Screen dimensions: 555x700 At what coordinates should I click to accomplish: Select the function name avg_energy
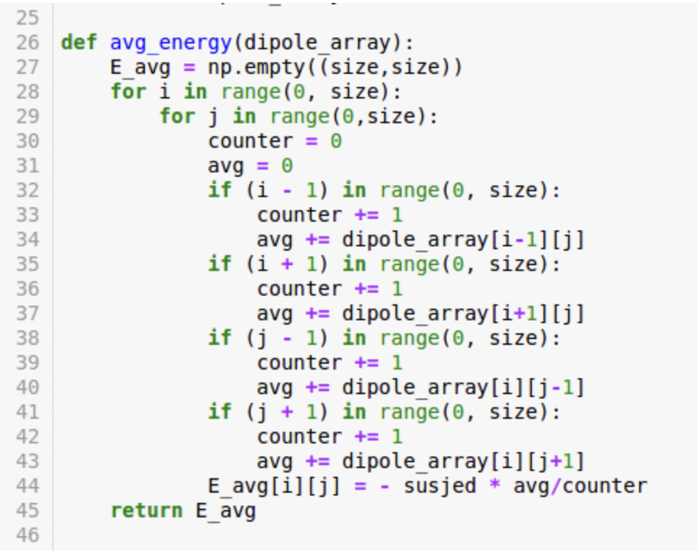coord(170,43)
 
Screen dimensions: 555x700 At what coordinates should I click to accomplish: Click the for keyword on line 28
coord(128,92)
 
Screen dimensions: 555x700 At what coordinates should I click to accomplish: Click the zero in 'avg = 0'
coord(287,166)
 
